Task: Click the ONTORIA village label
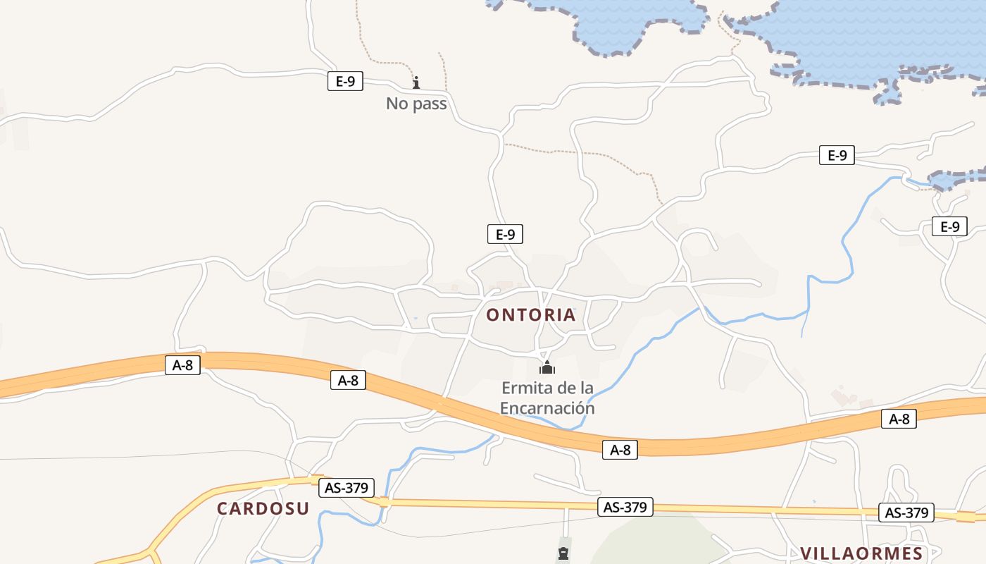pos(531,315)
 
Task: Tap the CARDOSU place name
pos(263,508)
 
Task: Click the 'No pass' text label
pos(416,104)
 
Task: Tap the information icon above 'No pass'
pos(416,82)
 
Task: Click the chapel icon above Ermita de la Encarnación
pos(547,367)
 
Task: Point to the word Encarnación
pos(547,408)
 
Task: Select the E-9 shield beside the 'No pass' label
pos(345,81)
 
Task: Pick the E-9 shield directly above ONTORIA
pos(505,234)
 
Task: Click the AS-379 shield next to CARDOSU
pos(347,487)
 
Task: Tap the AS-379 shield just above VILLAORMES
pos(906,513)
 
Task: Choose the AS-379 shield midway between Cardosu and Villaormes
pos(625,506)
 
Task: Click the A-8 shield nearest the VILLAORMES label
pos(899,419)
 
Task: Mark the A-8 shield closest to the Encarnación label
pos(620,450)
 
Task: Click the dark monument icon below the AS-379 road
pos(563,553)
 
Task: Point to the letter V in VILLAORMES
pos(807,553)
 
